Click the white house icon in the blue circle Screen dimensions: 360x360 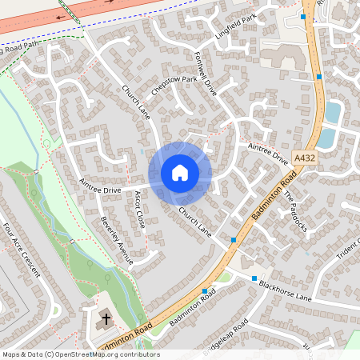tap(180, 173)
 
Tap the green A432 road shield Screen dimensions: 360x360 tap(303, 160)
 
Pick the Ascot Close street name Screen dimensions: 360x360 tap(140, 207)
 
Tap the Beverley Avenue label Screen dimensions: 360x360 tap(112, 232)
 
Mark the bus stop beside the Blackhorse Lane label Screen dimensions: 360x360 tap(254, 278)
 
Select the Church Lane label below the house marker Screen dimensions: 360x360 tap(194, 222)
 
